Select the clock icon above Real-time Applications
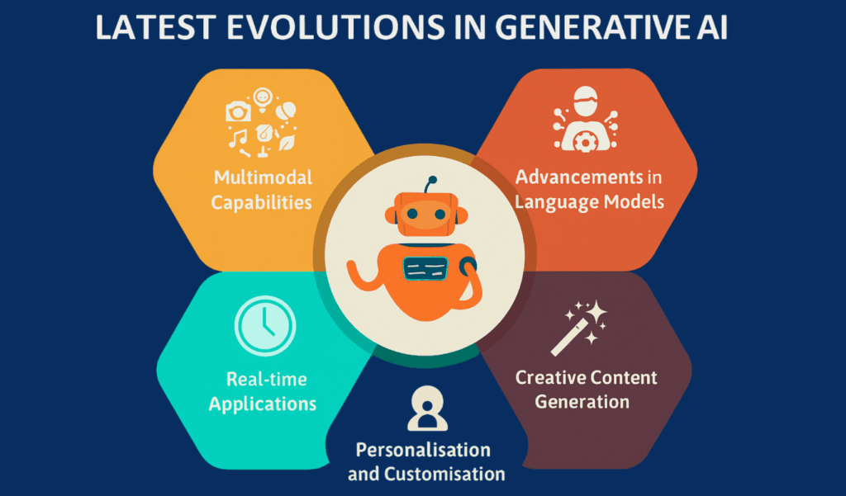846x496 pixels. pyautogui.click(x=265, y=326)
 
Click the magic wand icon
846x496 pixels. pyautogui.click(x=579, y=328)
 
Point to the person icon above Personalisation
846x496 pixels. pyautogui.click(x=427, y=409)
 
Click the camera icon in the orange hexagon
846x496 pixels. pyautogui.click(x=238, y=112)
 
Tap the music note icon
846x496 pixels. pyautogui.click(x=237, y=138)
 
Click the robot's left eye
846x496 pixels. pyautogui.click(x=413, y=214)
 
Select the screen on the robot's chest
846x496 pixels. pyautogui.click(x=425, y=268)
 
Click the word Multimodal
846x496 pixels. pyautogui.click(x=264, y=177)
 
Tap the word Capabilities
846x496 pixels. pyautogui.click(x=261, y=202)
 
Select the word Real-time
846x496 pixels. pyautogui.click(x=267, y=379)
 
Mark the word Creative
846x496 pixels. pyautogui.click(x=549, y=377)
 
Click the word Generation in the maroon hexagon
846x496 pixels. pyautogui.click(x=582, y=402)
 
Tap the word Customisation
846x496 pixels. pyautogui.click(x=444, y=475)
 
